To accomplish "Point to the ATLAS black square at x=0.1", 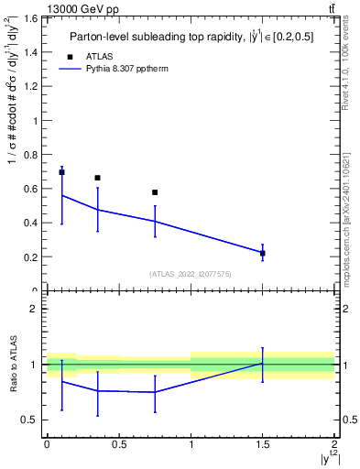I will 61,172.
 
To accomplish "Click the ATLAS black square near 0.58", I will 155,192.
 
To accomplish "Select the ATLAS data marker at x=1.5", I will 263,253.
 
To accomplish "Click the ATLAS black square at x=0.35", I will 97,178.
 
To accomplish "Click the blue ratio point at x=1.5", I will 263,364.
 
